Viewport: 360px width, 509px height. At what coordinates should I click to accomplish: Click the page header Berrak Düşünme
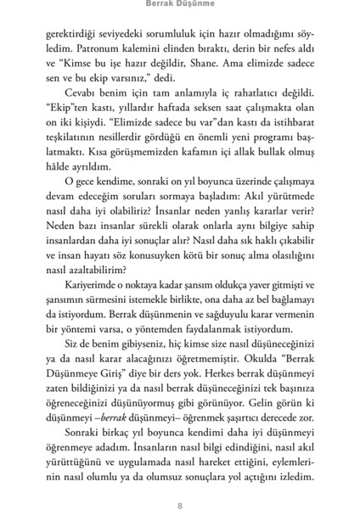[x=179, y=8]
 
